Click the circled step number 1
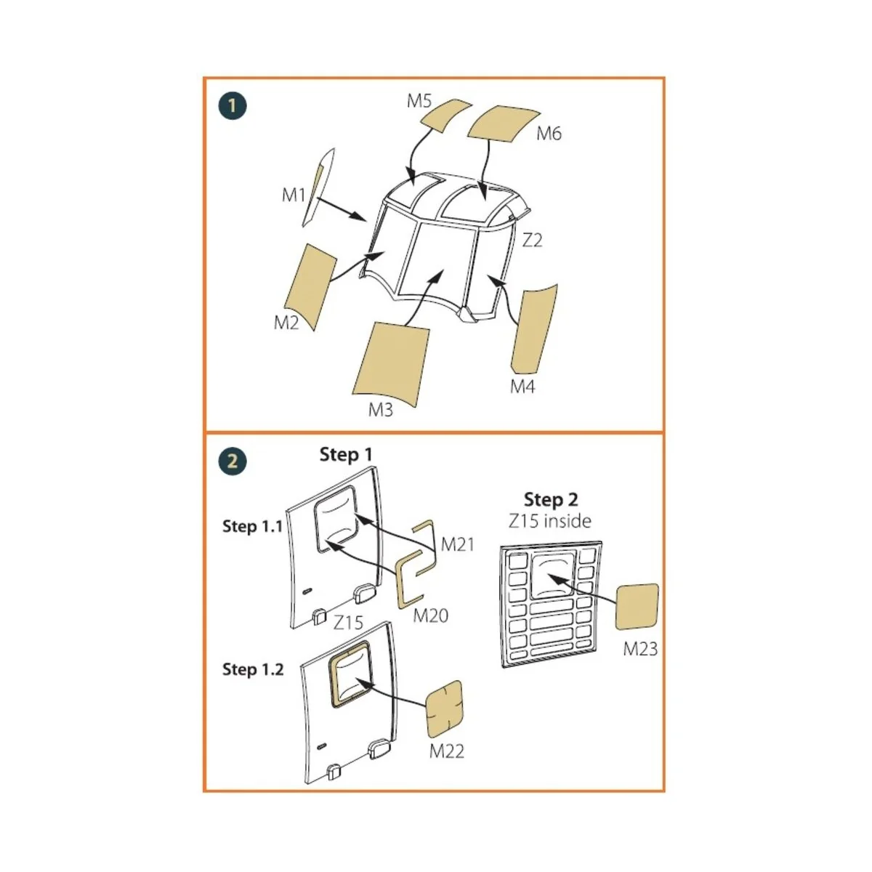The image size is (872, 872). (232, 106)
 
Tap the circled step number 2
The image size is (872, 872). (232, 461)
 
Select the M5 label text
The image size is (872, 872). (419, 101)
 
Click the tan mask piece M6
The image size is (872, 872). (503, 123)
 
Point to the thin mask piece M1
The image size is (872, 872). (318, 187)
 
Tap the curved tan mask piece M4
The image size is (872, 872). (533, 328)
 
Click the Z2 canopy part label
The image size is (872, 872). (532, 241)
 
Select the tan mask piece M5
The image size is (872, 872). (446, 115)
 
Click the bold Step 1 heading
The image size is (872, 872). (346, 454)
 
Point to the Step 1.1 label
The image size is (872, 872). (252, 526)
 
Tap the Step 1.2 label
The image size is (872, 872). (252, 669)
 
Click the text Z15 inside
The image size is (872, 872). (550, 521)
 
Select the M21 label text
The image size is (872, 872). (458, 544)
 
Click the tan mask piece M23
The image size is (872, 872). (637, 607)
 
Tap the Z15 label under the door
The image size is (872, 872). (348, 623)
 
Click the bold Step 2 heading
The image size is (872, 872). (551, 499)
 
